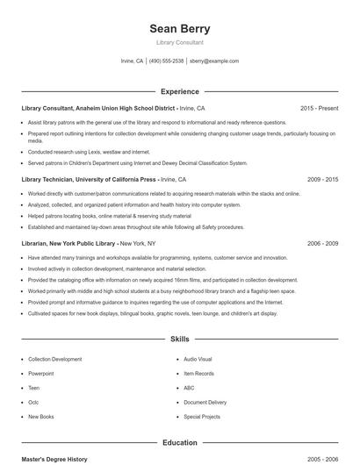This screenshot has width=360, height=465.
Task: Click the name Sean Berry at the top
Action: click(179, 28)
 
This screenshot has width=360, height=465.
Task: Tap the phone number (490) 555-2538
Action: click(166, 61)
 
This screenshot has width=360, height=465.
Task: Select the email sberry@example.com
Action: click(214, 61)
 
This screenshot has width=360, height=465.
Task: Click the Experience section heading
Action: click(179, 91)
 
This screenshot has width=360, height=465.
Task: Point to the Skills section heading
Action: click(179, 338)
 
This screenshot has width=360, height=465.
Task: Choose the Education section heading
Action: click(179, 443)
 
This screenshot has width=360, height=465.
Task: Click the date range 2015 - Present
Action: click(319, 108)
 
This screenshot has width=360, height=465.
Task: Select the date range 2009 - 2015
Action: click(322, 179)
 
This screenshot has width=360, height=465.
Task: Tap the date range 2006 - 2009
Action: click(322, 243)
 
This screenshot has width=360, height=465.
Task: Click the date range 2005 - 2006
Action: click(322, 459)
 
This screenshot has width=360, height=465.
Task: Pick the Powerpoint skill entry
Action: click(40, 373)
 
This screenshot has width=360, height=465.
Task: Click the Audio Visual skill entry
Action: click(198, 359)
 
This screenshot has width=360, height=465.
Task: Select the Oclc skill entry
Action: click(34, 402)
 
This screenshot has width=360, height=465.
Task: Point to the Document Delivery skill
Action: click(205, 402)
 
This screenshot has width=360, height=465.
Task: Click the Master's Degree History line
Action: click(54, 459)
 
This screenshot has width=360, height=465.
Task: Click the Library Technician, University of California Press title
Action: click(88, 179)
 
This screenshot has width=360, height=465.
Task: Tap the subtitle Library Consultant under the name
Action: click(179, 42)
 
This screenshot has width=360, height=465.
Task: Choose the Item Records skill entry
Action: click(198, 373)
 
